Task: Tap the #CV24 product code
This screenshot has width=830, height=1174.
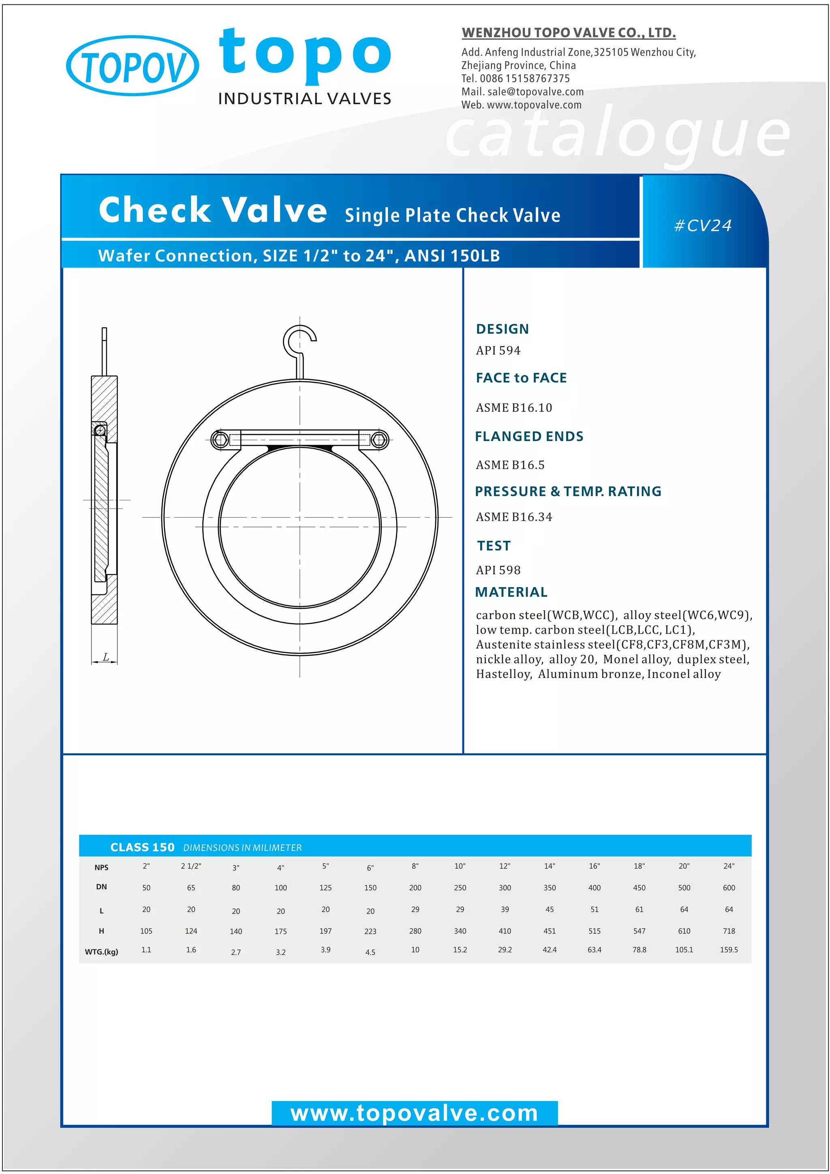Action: point(703,225)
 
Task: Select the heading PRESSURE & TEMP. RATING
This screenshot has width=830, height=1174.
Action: point(568,491)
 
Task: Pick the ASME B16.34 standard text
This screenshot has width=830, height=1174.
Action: point(513,517)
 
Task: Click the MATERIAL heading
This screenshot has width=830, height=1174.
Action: point(511,592)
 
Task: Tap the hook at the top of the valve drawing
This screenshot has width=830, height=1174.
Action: point(299,341)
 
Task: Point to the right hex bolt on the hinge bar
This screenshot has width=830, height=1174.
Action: point(379,440)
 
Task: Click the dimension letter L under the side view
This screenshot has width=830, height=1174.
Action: point(106,657)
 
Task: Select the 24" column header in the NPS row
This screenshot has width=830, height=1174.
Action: point(729,866)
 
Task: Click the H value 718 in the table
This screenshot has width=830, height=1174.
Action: point(729,931)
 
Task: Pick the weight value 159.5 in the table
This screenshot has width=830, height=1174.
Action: point(729,949)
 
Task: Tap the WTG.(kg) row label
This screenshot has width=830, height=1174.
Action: point(101,951)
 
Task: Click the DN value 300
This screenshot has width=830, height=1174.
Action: point(505,888)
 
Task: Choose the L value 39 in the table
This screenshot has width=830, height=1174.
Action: point(505,909)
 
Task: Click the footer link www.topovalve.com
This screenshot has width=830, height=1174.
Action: point(415,1113)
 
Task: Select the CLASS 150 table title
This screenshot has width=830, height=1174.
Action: point(142,847)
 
